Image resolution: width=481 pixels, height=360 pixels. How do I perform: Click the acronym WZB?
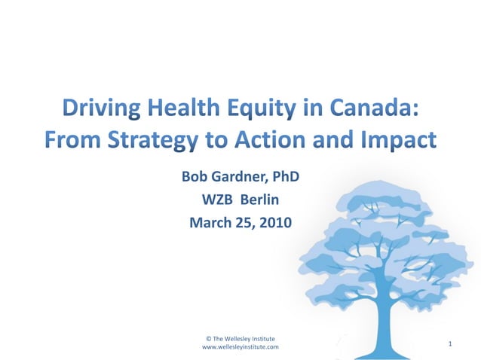coord(217,200)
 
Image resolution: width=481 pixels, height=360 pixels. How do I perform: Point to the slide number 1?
coord(449,344)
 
